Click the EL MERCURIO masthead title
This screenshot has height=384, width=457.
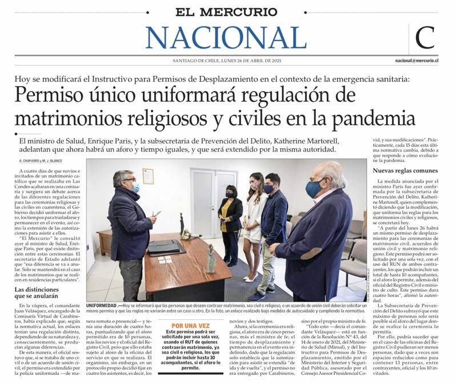point(227,11)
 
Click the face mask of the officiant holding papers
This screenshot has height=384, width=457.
point(135,187)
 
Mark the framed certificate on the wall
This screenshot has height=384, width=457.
point(148,176)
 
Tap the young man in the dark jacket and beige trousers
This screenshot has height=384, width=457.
point(273,229)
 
